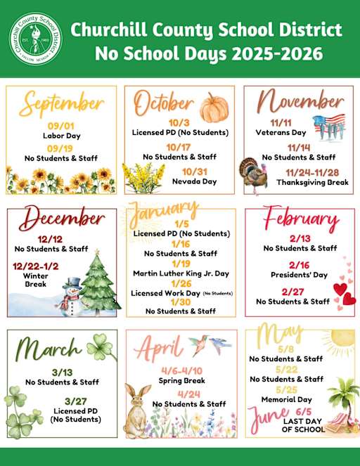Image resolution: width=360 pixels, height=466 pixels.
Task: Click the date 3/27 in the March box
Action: point(65,401)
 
